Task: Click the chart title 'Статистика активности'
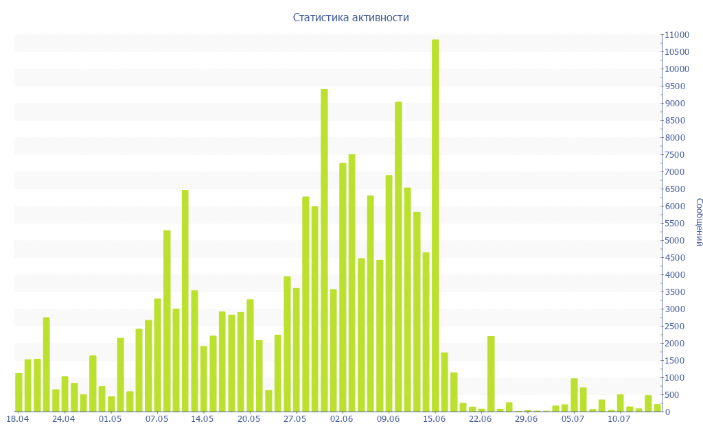click(x=351, y=18)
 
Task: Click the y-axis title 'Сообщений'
click(x=698, y=222)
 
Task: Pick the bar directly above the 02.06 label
click(x=343, y=287)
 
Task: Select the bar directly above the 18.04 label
click(x=19, y=392)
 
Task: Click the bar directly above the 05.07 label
click(x=574, y=395)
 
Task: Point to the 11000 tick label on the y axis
click(x=676, y=35)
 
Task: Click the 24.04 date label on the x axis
click(x=63, y=418)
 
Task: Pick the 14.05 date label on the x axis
click(x=203, y=418)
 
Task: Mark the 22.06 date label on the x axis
click(x=480, y=418)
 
